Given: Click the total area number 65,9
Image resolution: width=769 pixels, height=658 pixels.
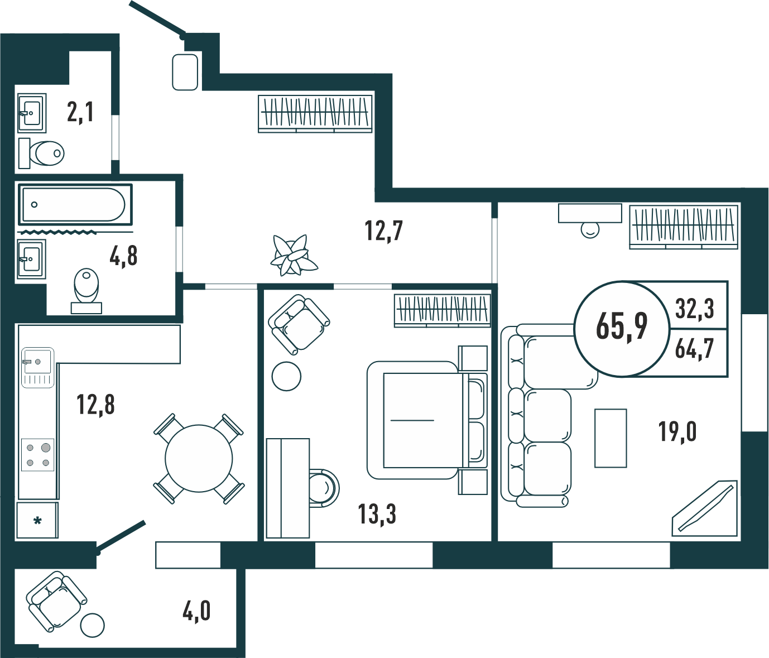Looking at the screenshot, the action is [x=622, y=326].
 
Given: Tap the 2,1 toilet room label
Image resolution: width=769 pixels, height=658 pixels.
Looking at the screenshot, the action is [x=80, y=112].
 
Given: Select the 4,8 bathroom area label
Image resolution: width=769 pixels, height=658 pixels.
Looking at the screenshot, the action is [x=123, y=256].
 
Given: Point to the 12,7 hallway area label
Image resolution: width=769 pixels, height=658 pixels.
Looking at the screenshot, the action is [x=384, y=230].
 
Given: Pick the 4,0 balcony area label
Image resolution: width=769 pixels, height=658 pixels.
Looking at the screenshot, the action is [x=196, y=611].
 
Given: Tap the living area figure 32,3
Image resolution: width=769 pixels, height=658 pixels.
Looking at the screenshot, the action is [x=695, y=309].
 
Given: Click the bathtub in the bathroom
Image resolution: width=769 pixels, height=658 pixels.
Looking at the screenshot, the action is [x=75, y=205].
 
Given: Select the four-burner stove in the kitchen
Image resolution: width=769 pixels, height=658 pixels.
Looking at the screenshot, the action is [x=37, y=455].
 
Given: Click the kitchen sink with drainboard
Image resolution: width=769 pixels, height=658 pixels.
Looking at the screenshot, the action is [x=37, y=368].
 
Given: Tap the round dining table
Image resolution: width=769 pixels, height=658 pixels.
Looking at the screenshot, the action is [x=199, y=459].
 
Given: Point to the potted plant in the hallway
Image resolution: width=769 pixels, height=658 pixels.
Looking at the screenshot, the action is [x=294, y=255].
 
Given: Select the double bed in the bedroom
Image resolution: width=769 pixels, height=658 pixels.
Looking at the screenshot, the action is [x=427, y=420].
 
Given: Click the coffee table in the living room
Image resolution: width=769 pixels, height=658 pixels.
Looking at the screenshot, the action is [x=611, y=439].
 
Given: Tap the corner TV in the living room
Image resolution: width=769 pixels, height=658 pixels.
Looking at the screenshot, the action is [x=705, y=508].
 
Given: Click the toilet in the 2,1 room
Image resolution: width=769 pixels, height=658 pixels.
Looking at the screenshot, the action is [x=41, y=153].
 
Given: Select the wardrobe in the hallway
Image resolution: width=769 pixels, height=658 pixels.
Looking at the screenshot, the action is [x=315, y=114].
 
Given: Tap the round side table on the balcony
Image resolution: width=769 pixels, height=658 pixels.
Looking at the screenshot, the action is [x=92, y=625].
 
